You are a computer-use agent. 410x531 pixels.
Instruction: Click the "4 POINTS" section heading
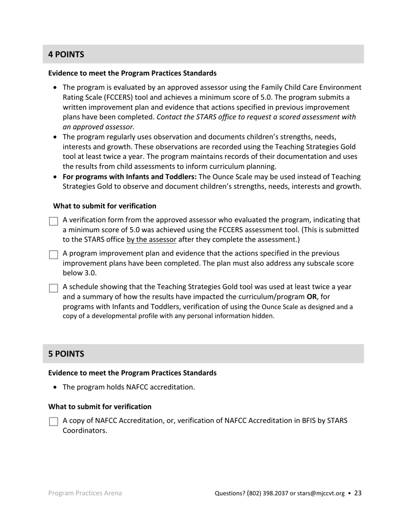pyautogui.click(x=66, y=54)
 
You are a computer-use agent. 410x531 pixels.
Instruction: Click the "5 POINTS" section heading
pyautogui.click(x=66, y=354)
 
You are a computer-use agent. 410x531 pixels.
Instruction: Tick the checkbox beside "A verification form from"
pyautogui.click(x=54, y=221)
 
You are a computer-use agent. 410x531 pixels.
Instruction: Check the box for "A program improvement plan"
pyautogui.click(x=54, y=255)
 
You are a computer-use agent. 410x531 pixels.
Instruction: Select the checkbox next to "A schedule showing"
pyautogui.click(x=54, y=288)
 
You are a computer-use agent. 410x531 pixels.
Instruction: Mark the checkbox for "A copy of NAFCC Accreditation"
pyautogui.click(x=54, y=422)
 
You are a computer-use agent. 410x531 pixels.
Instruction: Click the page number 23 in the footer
pyautogui.click(x=358, y=493)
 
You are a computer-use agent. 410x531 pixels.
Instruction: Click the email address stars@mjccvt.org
pyautogui.click(x=321, y=493)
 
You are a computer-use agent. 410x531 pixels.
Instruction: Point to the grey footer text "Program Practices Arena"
pyautogui.click(x=85, y=493)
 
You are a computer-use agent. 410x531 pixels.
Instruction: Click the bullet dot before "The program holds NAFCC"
pyautogui.click(x=55, y=387)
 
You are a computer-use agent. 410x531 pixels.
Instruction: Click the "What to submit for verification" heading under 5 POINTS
pyautogui.click(x=100, y=407)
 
